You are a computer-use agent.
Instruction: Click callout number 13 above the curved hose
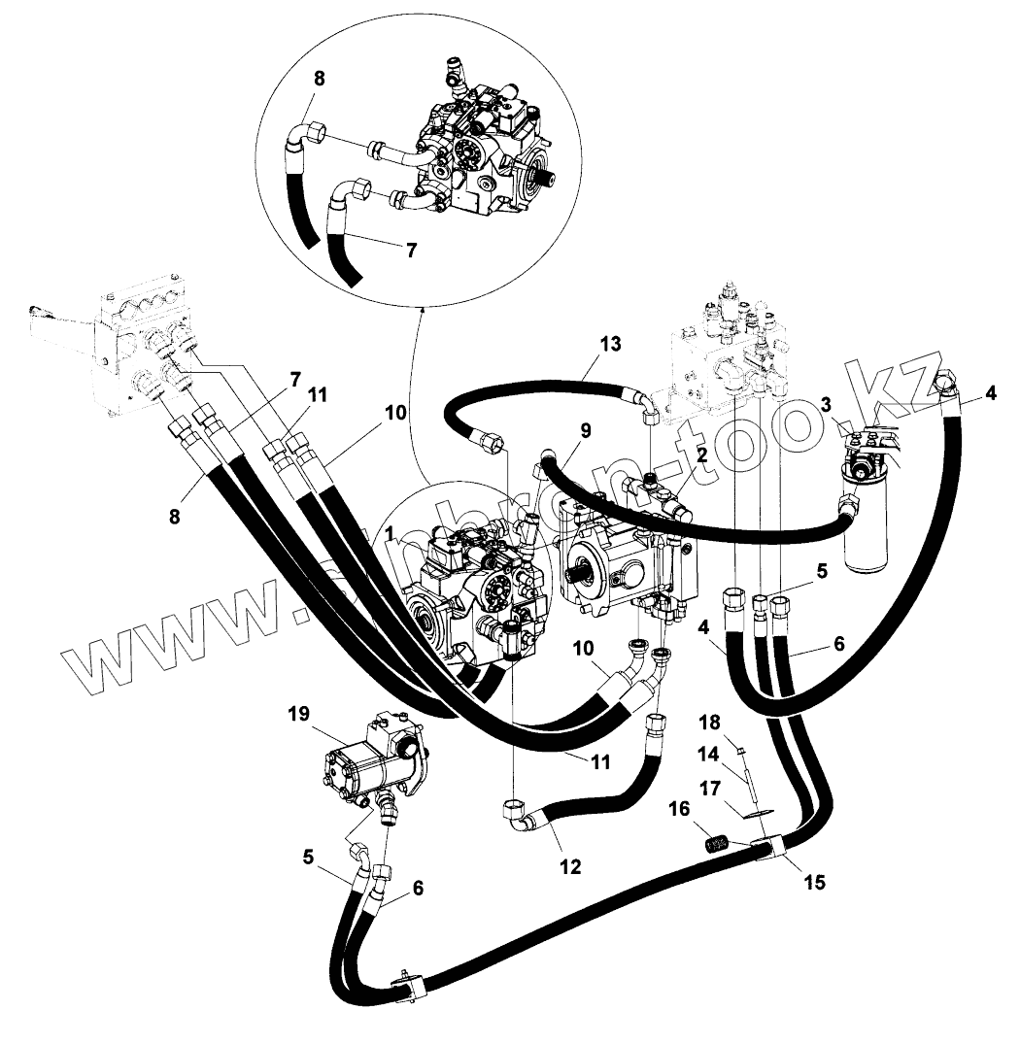point(609,345)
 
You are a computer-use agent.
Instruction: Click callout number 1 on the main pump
point(390,533)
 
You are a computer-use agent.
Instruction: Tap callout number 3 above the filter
point(825,404)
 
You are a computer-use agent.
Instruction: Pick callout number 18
point(710,722)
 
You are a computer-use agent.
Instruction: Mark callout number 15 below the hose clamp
point(815,883)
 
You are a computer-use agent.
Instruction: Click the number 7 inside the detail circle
point(411,250)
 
